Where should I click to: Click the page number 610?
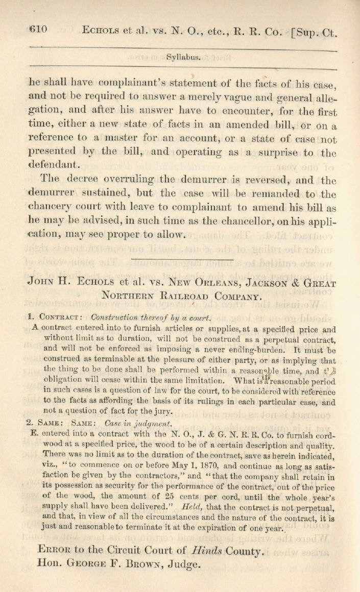(38, 30)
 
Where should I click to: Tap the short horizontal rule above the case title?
(182, 260)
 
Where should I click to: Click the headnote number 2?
(29, 423)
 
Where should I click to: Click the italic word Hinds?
(209, 551)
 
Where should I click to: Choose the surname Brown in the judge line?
(166, 564)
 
